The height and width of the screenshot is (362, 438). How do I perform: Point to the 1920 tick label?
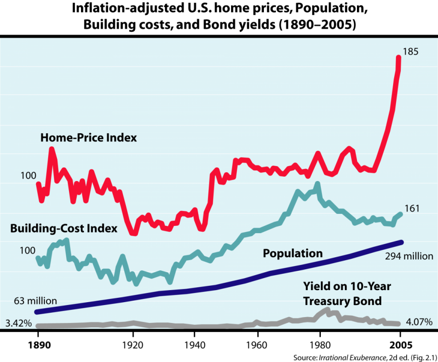coord(133,345)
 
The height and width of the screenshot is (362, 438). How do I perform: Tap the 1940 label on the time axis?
coord(195,345)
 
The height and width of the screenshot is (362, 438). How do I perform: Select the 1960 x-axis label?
coord(257,345)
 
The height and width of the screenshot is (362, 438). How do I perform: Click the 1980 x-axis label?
coord(319,345)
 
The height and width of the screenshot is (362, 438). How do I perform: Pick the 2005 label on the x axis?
coord(400,345)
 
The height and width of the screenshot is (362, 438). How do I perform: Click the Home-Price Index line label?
coord(89,138)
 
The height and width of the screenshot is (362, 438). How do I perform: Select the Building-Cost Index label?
coord(64,228)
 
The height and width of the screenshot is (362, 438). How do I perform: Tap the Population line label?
coord(292,253)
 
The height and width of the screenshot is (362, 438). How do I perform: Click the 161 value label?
coord(411,209)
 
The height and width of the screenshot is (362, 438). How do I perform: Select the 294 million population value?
coord(409,256)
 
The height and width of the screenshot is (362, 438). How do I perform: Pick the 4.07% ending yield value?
coord(419,322)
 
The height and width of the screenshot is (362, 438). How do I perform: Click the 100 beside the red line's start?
coord(28,176)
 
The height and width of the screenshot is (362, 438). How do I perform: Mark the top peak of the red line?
coord(398,57)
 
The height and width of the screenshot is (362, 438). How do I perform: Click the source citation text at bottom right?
coord(365,358)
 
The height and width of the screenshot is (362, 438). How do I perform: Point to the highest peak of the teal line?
coord(317,184)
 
